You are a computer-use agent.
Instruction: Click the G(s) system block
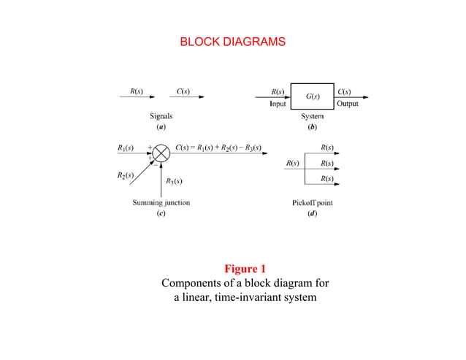(313, 96)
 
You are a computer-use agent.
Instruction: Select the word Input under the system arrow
(278, 104)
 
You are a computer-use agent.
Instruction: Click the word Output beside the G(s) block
(347, 104)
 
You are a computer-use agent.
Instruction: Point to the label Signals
(161, 116)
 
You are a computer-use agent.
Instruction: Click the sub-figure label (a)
(161, 126)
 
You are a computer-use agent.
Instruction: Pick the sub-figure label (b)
(313, 126)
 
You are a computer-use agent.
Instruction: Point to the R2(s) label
(125, 176)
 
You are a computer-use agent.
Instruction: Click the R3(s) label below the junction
(174, 180)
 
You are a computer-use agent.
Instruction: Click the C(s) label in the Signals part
(183, 92)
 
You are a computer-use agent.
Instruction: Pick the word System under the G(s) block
(313, 116)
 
